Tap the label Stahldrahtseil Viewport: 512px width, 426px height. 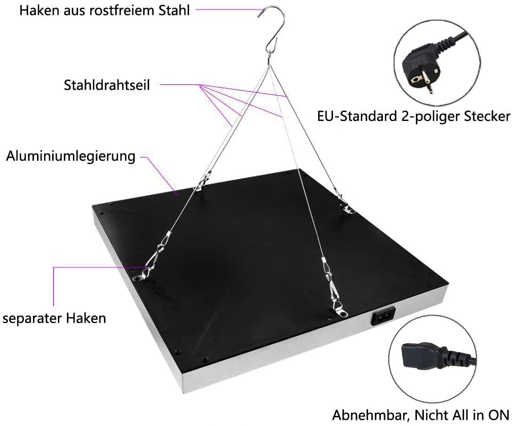107,85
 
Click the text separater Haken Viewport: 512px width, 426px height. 55,318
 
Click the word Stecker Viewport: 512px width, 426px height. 487,116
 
